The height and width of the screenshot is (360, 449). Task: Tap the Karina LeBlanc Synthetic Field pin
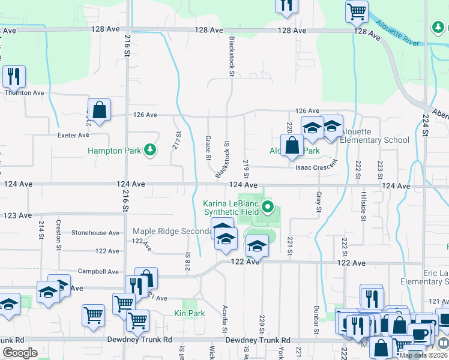[269, 208]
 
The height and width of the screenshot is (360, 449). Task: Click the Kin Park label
[190, 313]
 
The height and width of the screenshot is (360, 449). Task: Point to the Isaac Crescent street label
[316, 168]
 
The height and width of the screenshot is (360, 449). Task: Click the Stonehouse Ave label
[96, 232]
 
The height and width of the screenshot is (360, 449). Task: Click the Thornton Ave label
[25, 92]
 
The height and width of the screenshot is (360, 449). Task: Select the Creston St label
[59, 234]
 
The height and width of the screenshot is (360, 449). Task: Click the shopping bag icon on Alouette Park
[292, 145]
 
